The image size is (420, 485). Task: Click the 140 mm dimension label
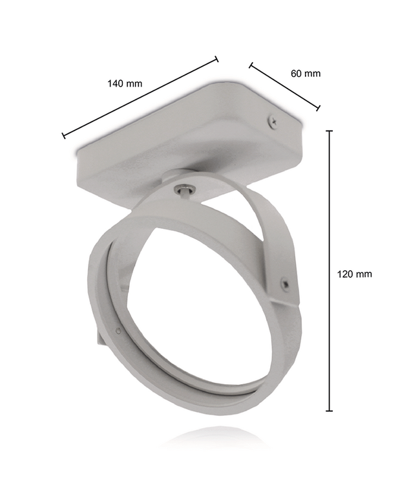tap(125, 83)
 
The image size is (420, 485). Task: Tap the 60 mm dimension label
tap(305, 73)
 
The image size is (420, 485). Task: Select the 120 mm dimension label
tap(354, 274)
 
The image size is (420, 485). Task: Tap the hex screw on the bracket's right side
tap(284, 282)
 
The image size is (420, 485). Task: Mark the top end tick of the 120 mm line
tap(330, 131)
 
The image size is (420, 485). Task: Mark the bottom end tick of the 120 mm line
tap(330, 411)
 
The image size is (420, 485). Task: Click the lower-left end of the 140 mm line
tap(63, 136)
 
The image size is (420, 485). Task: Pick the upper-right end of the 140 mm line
tap(216, 59)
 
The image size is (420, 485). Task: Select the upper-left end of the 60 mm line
tap(251, 65)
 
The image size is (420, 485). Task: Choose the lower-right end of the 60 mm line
tap(319, 108)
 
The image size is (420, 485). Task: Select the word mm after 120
tap(364, 274)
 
